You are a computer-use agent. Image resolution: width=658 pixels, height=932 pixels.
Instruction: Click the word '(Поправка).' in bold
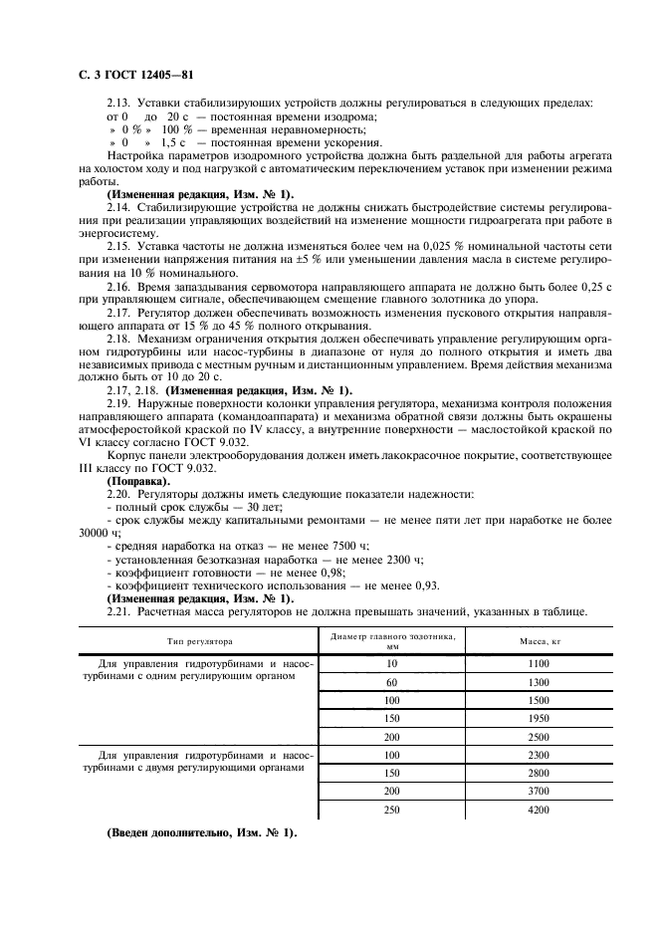pos(138,481)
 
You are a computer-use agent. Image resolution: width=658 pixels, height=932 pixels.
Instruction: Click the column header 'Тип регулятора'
pos(199,642)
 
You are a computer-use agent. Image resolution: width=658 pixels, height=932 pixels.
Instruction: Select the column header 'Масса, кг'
pos(539,642)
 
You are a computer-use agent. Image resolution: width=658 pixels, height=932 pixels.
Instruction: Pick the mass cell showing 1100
pos(539,663)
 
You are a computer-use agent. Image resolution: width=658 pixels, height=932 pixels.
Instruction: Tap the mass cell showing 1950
pos(539,718)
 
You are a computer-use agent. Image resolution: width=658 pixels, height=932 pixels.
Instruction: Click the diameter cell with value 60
pos(391,682)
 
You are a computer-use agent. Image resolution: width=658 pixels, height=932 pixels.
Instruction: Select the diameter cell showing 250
pos(391,810)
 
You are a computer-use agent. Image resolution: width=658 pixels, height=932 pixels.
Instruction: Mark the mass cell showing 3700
pos(539,791)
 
